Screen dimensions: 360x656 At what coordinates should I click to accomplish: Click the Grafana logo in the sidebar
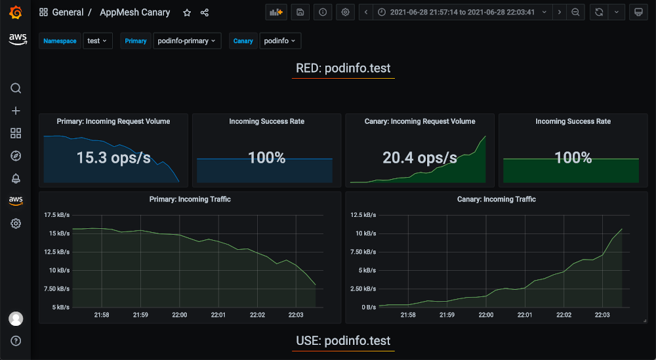tap(16, 12)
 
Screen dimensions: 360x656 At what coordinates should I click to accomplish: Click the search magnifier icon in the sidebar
tap(16, 89)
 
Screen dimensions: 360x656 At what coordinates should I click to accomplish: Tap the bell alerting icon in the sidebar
tap(16, 178)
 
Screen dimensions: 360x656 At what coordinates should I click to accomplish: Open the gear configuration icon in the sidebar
tap(16, 224)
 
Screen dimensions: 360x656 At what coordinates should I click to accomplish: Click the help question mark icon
tap(16, 341)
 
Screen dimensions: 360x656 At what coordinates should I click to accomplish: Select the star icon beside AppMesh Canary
tap(187, 12)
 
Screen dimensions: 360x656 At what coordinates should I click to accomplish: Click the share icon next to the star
tap(205, 12)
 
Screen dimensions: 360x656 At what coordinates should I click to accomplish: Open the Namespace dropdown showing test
tap(98, 41)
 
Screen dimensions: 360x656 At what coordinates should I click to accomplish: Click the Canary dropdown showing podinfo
tap(280, 41)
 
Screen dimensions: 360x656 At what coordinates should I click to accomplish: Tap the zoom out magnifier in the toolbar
tap(575, 12)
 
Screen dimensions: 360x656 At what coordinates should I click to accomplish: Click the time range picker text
tap(462, 12)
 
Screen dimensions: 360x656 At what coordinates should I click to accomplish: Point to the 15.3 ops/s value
tap(113, 158)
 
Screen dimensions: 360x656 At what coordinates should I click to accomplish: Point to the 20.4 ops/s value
tap(420, 158)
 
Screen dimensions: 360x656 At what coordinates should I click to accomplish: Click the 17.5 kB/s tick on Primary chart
tap(57, 215)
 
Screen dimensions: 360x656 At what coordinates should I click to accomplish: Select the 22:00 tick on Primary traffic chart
tap(179, 315)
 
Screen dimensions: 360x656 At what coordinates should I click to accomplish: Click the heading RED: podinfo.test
tap(343, 68)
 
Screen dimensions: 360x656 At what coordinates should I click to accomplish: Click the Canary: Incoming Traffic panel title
tap(496, 199)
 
